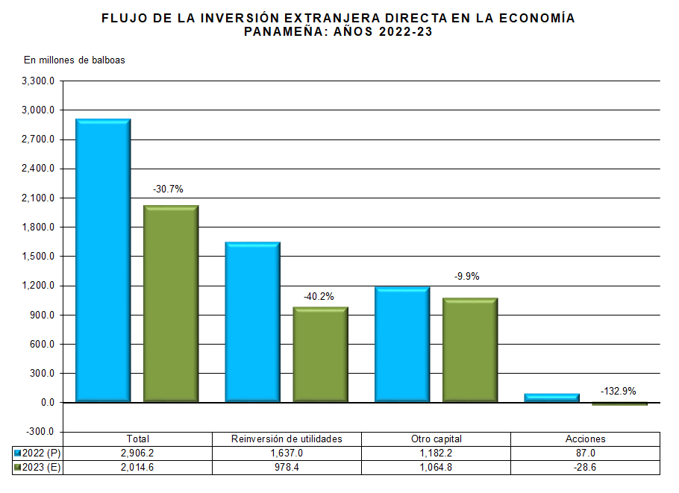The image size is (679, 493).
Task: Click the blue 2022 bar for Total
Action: coord(103,261)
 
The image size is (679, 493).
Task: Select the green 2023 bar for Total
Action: coord(171,304)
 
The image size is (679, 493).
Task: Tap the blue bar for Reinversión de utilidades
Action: coord(252,322)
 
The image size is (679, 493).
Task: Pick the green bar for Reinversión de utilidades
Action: coord(320,355)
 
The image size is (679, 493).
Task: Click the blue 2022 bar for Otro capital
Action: coord(402,345)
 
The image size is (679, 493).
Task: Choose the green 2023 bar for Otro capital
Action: coord(470,351)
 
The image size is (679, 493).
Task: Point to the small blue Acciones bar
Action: coord(551,398)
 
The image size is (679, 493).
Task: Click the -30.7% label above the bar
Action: coord(168,189)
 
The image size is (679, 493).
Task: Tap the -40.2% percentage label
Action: coord(319,296)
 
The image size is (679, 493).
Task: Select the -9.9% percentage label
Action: coord(467,276)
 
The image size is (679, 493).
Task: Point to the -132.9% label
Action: coord(619,391)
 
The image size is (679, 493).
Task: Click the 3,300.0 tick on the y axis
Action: coord(39,81)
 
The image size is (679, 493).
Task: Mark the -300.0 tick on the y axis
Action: coord(40,432)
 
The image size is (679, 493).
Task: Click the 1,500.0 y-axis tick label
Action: coord(39,257)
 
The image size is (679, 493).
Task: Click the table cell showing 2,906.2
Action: coord(138,453)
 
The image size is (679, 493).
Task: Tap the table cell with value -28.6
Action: coord(586,468)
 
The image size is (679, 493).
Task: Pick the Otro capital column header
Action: coord(436,439)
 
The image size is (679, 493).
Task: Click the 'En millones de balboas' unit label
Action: coord(75,60)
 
